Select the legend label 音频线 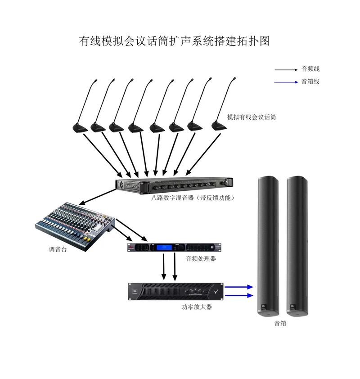pos(310,69)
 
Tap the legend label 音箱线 pos(310,82)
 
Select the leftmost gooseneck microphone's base pos(81,128)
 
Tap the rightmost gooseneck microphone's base pos(220,126)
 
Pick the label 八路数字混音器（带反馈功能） pos(193,197)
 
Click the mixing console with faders pos(75,223)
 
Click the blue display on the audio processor pos(163,247)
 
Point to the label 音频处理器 pos(201,259)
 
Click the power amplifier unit pos(175,292)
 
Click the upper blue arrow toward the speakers pos(238,286)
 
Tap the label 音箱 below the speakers pos(280,323)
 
